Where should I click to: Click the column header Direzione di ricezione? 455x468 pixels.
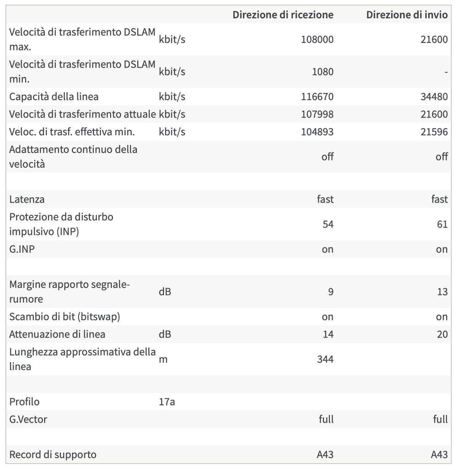[x=283, y=15]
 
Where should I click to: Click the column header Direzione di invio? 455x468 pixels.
[x=407, y=15]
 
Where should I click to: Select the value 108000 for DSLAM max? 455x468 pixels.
[x=317, y=39]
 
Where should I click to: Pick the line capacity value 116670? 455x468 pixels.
[x=317, y=96]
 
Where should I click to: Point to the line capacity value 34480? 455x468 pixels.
[x=434, y=96]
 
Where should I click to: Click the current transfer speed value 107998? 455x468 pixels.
[x=317, y=114]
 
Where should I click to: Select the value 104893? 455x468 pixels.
[x=317, y=132]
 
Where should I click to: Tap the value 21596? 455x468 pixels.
[x=434, y=132]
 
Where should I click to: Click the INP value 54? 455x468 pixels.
[x=327, y=224]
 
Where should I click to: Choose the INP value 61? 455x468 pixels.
[x=442, y=224]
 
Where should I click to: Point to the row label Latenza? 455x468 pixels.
[x=27, y=199]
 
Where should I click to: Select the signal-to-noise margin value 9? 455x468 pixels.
[x=330, y=292]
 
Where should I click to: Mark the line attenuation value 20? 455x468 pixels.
[x=442, y=334]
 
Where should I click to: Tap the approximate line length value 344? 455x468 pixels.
[x=325, y=359]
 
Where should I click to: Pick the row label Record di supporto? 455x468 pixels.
[x=53, y=455]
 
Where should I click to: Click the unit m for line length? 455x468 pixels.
[x=163, y=359]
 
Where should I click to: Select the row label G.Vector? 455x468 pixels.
[x=28, y=419]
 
